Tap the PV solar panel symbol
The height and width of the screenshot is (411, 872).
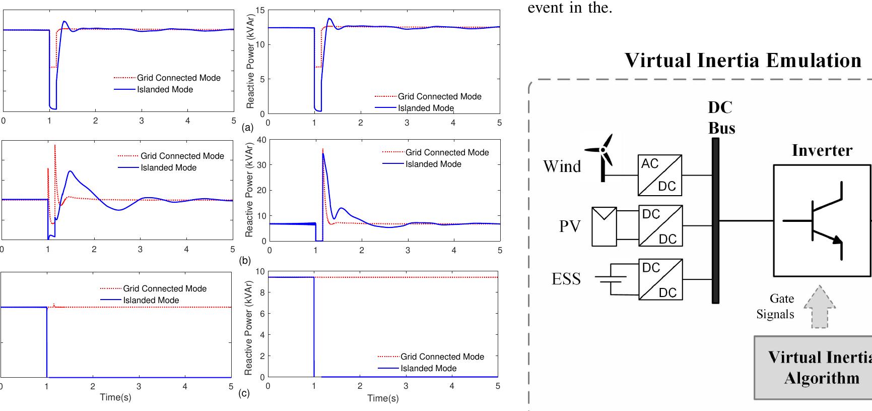[604, 226]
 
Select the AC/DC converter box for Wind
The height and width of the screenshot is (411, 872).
[660, 175]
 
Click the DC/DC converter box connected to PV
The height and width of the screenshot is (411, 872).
[660, 225]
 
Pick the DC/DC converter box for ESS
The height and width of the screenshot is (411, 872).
[660, 279]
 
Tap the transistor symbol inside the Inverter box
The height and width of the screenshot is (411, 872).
[821, 221]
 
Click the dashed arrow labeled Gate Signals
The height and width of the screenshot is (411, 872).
[820, 307]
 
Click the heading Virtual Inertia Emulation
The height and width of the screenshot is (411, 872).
[743, 60]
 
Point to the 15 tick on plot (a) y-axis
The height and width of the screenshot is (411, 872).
[260, 10]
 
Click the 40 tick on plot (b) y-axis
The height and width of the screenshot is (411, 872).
[261, 140]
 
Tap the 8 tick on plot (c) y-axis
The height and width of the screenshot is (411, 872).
[261, 292]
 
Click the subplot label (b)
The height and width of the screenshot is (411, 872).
[245, 261]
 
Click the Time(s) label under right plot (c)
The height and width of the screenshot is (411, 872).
[383, 398]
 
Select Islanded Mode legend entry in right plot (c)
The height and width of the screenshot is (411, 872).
[428, 368]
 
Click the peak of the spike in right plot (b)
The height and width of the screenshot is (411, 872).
[322, 150]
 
